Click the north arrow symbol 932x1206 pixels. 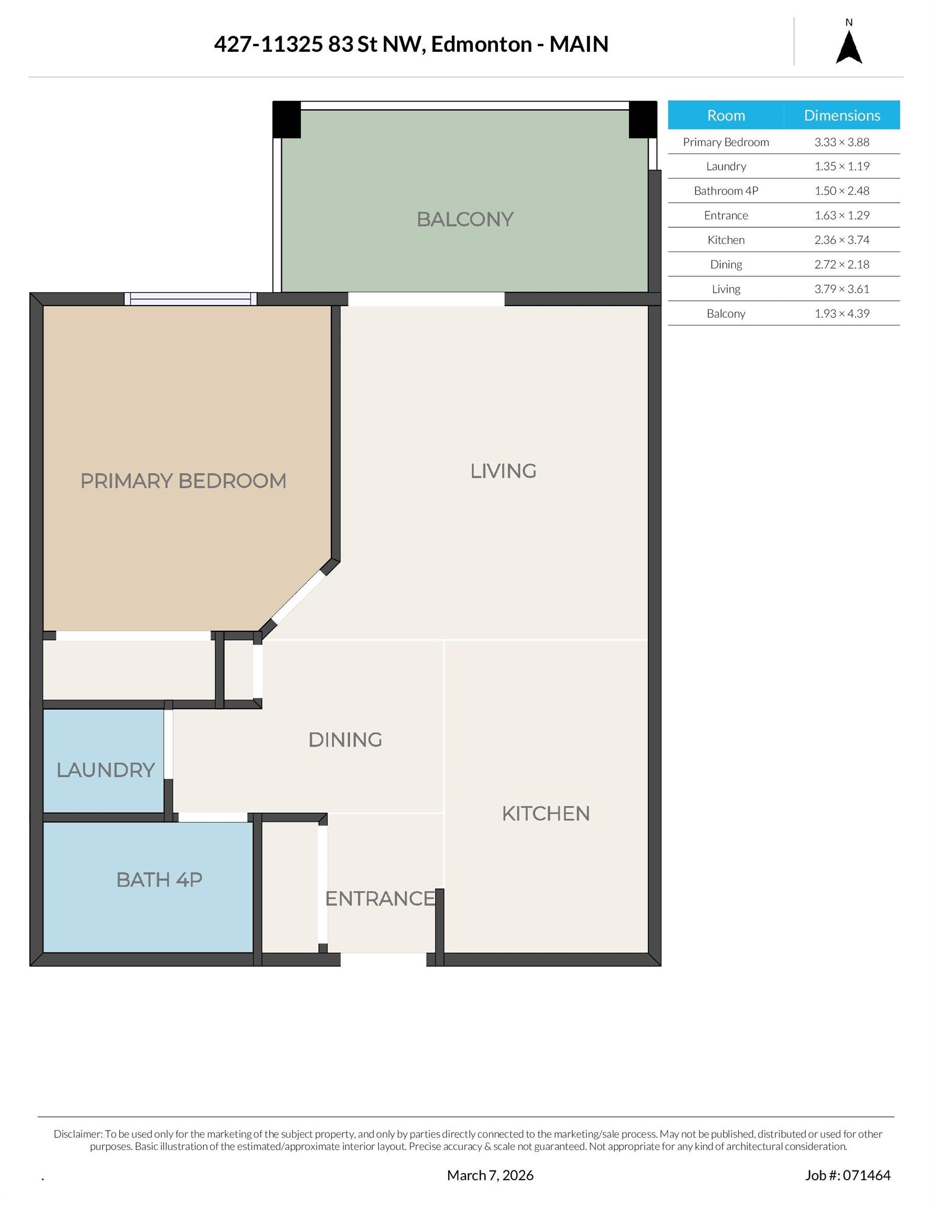[849, 48]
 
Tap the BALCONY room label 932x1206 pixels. [464, 219]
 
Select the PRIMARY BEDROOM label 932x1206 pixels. [183, 481]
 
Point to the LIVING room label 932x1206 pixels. [503, 471]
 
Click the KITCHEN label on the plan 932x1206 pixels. [546, 813]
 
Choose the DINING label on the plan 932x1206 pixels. [345, 740]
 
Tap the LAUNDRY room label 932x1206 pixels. [106, 770]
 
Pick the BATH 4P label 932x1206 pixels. [159, 880]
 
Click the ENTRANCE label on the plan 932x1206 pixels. [380, 898]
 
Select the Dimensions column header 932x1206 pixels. [841, 115]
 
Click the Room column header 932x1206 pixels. [726, 115]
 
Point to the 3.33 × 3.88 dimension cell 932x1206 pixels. [841, 142]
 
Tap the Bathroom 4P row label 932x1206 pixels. [726, 191]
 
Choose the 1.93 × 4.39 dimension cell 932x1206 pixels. [841, 314]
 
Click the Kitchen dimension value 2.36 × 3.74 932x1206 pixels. [841, 240]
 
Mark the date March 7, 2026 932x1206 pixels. [490, 1175]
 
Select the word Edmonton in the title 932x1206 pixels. [481, 44]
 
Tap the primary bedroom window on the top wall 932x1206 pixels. [191, 299]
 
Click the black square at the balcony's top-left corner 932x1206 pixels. [287, 119]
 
